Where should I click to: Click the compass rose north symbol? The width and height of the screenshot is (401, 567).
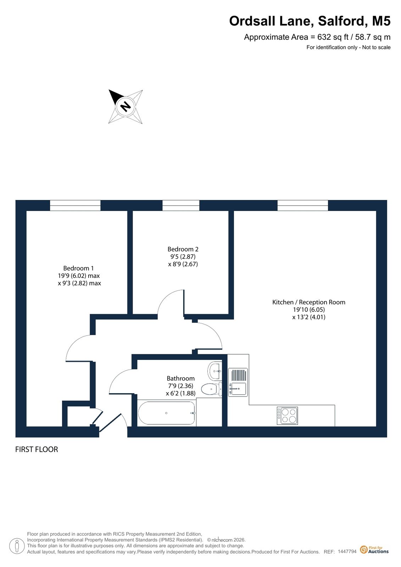126,107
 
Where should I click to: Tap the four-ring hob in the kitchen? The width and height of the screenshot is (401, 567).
287,416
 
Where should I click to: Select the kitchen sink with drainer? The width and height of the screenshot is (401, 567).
238,382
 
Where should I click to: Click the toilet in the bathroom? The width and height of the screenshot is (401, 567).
212,389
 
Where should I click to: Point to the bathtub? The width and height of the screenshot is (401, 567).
166,413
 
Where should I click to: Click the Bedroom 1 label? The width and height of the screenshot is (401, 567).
78,268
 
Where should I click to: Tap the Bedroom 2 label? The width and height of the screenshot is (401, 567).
183,249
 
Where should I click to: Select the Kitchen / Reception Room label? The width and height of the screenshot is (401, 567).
308,302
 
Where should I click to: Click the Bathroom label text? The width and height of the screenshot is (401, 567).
180,378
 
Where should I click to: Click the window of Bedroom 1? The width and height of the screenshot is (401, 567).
75,205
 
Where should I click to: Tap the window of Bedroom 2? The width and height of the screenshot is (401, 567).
181,205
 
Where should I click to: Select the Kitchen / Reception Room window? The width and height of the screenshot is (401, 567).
302,205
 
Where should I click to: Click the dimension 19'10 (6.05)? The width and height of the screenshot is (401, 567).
309,309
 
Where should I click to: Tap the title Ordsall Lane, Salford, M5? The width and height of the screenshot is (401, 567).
310,21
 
